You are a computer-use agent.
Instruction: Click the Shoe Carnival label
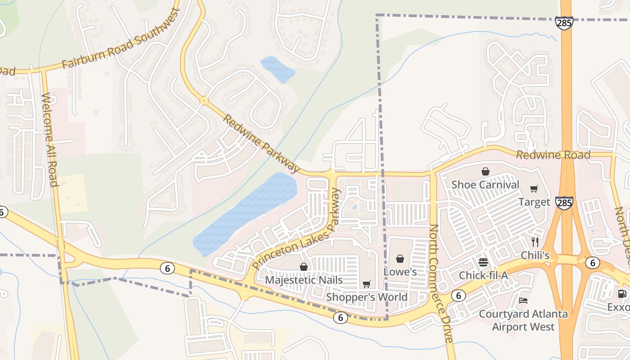pos(485,184)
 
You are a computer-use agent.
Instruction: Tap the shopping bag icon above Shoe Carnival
pos(485,171)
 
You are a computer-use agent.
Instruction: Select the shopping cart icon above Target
pos(534,189)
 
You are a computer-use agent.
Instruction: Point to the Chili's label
pos(535,255)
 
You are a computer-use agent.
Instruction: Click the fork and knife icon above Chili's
pos(535,242)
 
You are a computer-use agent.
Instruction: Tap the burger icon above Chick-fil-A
pos(483,262)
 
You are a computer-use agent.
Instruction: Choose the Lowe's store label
pos(400,272)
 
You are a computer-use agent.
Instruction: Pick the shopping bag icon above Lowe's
pos(400,259)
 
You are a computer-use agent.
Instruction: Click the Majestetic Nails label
pos(304,280)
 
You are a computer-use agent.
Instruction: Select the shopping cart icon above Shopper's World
pos(367,284)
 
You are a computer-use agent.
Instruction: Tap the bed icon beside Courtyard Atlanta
pos(523,300)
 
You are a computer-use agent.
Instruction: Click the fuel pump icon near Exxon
pos(622,294)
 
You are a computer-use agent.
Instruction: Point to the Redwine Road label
pos(553,155)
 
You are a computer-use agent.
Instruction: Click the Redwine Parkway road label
pos(261,144)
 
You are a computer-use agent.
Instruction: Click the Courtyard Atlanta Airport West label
pos(523,320)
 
